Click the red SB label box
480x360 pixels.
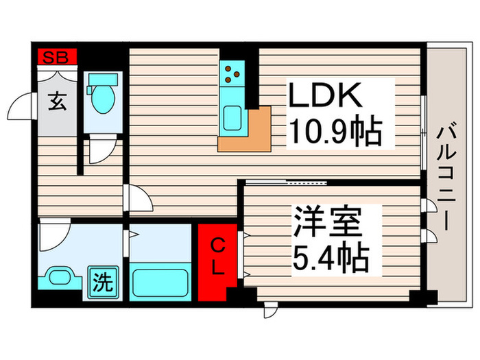click(57, 58)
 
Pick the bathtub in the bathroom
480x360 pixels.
click(159, 282)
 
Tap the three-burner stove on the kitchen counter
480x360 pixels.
click(232, 73)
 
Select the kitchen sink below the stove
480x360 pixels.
click(232, 117)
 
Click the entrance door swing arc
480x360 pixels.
click(20, 108)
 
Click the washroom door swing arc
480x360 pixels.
click(51, 237)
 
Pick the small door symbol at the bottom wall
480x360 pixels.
click(269, 311)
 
